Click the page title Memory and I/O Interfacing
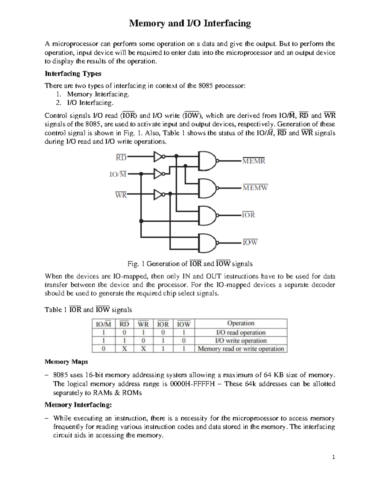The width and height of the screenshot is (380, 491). (189, 23)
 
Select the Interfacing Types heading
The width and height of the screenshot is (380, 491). (73, 74)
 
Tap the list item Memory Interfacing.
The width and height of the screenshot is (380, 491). (98, 94)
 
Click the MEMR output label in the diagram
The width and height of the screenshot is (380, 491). (254, 161)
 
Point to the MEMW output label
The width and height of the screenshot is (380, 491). (255, 188)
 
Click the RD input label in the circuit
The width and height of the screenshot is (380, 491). (121, 157)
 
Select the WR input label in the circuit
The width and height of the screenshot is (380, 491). (121, 195)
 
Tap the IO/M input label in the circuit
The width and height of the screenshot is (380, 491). (118, 174)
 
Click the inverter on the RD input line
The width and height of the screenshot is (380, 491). (158, 156)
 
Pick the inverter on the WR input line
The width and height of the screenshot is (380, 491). (158, 195)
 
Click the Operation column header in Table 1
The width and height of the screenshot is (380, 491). (241, 323)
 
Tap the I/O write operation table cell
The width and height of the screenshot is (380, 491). (241, 341)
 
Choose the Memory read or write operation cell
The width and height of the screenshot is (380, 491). (241, 349)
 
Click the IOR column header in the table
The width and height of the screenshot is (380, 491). (163, 324)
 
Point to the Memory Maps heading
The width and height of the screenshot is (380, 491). (66, 361)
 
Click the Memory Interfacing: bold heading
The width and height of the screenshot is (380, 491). (78, 405)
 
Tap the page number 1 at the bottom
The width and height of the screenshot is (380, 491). (333, 457)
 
